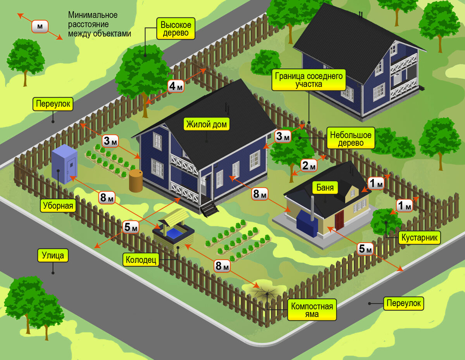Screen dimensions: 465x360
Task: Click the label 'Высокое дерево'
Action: coord(176,29)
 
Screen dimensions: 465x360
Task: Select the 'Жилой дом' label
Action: coord(207,124)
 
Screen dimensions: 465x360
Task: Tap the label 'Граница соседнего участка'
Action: coord(308,80)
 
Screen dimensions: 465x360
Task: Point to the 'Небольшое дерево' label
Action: coord(351,138)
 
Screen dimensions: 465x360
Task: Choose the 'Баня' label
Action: coord(325,188)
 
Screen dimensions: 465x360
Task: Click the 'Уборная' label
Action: coord(58,205)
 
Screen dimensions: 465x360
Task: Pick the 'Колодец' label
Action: coord(141,260)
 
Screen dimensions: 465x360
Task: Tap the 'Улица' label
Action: coord(53,255)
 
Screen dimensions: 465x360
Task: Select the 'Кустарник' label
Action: coord(419,238)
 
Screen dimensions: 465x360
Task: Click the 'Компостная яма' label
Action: coord(312,310)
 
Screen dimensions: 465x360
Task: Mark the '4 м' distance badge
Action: coord(176,86)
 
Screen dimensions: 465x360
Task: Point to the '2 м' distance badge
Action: coord(309,165)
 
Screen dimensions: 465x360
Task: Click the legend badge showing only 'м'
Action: coord(40,26)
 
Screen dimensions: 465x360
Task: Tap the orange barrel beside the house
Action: coord(136,181)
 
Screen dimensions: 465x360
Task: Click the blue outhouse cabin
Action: coord(64,164)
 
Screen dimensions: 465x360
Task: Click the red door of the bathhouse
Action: coord(339,220)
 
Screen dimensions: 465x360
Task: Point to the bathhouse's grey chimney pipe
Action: coord(312,208)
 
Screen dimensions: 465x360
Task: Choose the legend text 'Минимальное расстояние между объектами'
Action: coord(100,24)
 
